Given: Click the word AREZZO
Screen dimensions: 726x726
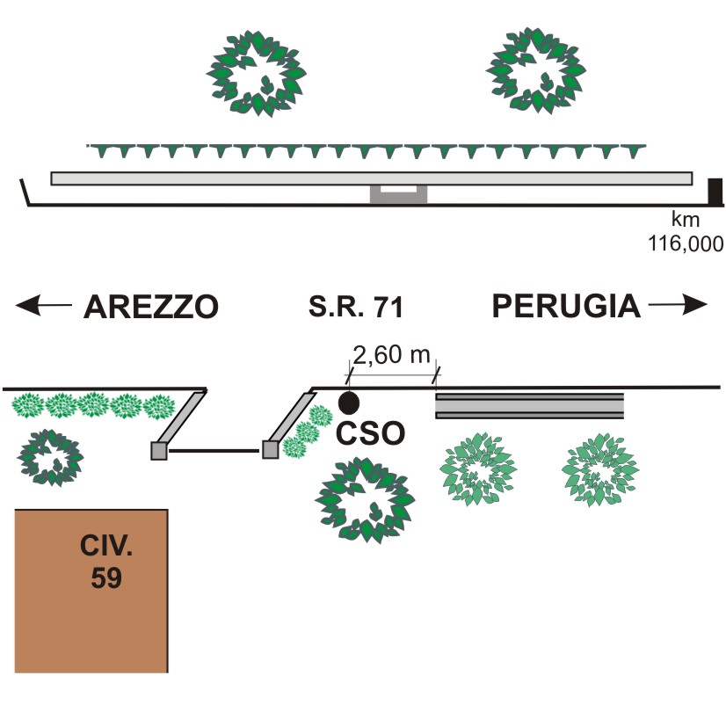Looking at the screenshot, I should (x=150, y=307).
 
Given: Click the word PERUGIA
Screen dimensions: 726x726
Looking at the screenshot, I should (x=565, y=306).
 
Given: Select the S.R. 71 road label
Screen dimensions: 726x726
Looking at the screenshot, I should (x=355, y=308).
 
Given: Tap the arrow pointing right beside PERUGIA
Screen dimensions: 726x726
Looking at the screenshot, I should (x=678, y=306).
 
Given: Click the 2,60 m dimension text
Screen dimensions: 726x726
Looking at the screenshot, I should (x=392, y=356).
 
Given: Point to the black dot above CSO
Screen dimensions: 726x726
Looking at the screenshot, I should (x=349, y=403).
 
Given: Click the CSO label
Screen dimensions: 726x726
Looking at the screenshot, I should (x=368, y=435).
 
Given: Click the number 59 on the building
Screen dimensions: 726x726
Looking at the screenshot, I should (x=106, y=579).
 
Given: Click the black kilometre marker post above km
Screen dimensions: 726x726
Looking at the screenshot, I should (x=715, y=191).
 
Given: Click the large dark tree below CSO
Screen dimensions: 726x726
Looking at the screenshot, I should (x=364, y=498).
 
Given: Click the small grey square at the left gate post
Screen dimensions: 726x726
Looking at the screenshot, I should (x=158, y=451).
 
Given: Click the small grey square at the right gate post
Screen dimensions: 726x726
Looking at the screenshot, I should (x=271, y=451).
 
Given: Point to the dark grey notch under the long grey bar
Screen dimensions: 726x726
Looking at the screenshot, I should (x=398, y=195).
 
